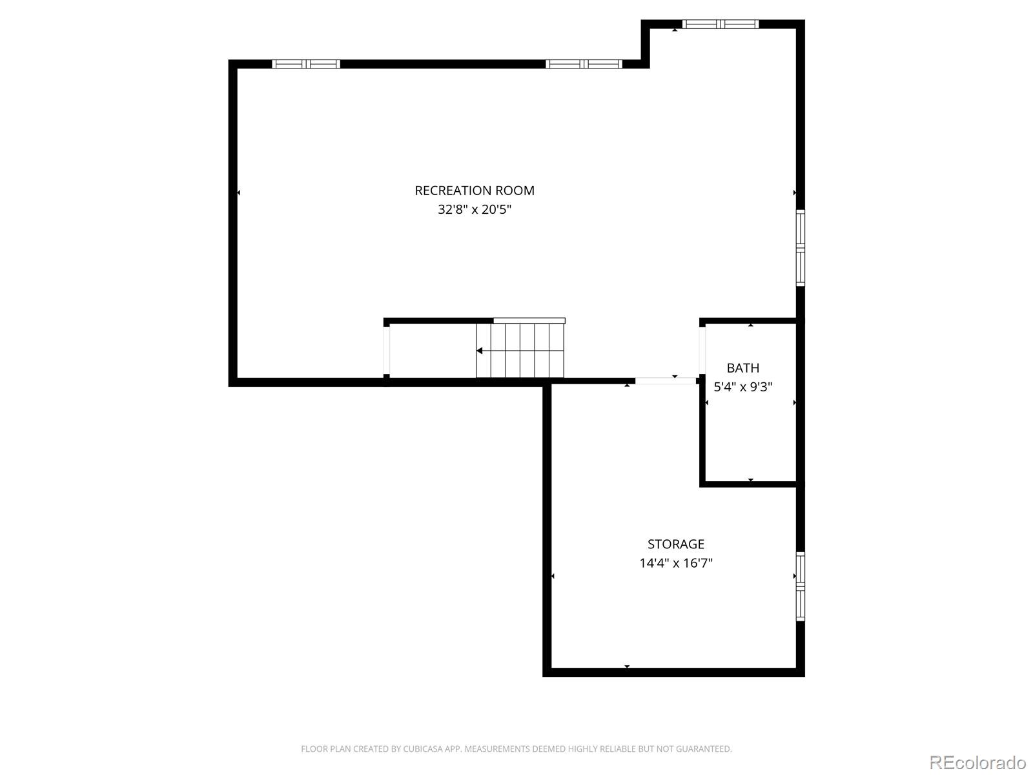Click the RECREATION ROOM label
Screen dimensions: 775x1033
[x=475, y=191]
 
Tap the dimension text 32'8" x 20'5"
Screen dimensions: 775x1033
[x=475, y=210]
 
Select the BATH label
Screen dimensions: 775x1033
[x=743, y=368]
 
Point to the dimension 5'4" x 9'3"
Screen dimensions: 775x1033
[x=743, y=387]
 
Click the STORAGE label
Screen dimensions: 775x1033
[x=676, y=544]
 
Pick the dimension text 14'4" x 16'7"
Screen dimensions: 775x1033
[x=676, y=563]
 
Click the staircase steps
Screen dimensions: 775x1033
[x=520, y=351]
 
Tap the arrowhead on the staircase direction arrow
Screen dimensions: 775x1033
[x=480, y=351]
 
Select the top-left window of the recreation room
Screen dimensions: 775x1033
[x=306, y=64]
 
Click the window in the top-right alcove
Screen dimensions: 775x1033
[x=721, y=25]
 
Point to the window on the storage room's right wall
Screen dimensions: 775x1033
[x=801, y=586]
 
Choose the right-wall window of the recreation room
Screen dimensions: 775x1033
[x=801, y=248]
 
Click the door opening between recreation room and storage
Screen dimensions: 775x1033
[x=666, y=381]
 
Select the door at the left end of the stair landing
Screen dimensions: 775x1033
[x=387, y=350]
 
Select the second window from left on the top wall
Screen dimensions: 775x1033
[x=584, y=64]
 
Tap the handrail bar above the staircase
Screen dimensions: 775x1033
[x=529, y=320]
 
